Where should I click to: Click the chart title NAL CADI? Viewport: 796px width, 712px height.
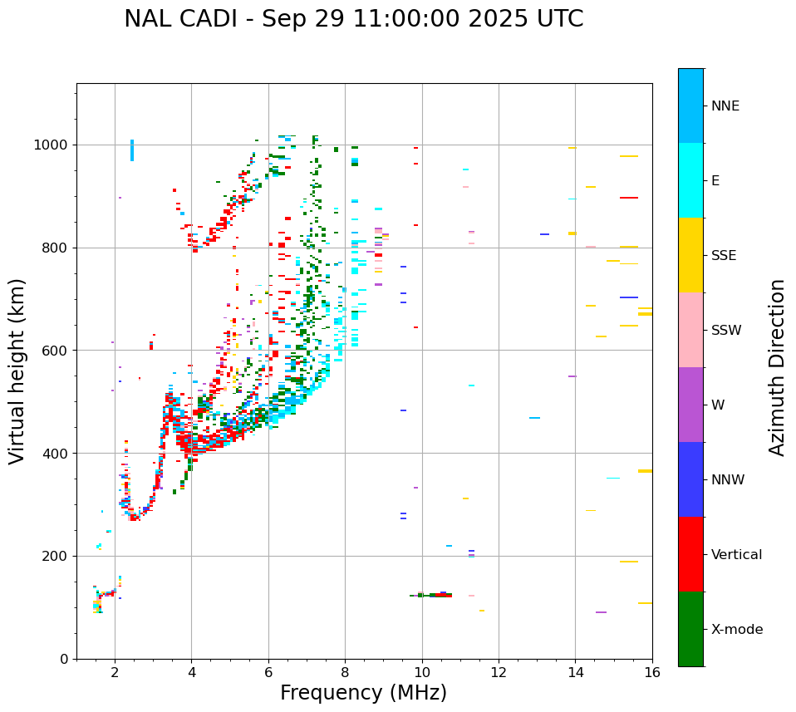(353, 19)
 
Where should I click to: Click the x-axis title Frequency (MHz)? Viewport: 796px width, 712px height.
(363, 693)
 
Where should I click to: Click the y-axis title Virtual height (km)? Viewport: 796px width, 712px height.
(17, 371)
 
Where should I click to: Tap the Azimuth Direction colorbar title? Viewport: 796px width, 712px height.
(777, 366)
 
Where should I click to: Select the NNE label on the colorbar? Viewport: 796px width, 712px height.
(725, 106)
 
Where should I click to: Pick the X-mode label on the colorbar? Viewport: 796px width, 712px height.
(737, 630)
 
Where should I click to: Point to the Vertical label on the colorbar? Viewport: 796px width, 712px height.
(736, 555)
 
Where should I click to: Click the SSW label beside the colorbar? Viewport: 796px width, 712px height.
(726, 331)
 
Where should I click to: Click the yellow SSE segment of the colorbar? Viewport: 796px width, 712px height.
(690, 254)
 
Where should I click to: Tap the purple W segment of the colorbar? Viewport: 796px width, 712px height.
(690, 405)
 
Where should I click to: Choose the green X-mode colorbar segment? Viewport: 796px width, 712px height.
(690, 629)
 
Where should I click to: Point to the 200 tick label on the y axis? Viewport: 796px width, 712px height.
(57, 556)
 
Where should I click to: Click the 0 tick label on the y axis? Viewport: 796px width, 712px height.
(65, 659)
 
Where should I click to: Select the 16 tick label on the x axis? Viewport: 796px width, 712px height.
(652, 673)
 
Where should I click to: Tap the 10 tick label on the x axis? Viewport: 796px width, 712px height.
(422, 673)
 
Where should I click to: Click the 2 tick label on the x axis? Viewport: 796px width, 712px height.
(115, 673)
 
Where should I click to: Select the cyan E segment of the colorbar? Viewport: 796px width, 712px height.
(690, 179)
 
